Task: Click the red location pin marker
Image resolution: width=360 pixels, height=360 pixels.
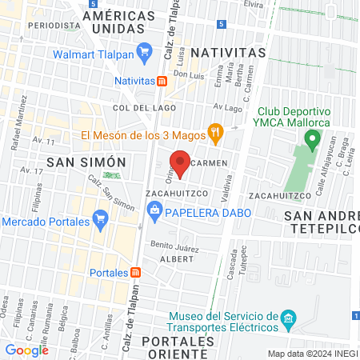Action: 181,162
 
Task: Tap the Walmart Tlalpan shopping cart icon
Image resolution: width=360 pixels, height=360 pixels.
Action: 144,54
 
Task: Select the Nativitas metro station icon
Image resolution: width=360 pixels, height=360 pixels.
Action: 162,81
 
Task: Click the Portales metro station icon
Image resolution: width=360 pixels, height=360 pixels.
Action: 136,273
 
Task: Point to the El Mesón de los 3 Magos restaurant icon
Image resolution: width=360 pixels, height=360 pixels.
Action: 214,130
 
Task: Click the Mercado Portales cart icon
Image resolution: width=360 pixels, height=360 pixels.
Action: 100,218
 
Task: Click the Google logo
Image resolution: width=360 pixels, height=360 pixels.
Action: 26,350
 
